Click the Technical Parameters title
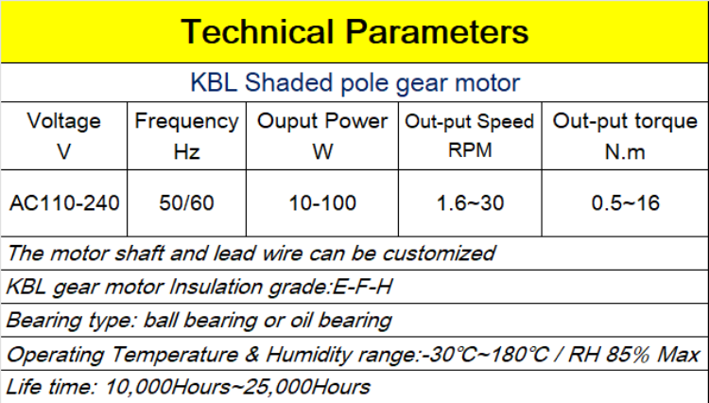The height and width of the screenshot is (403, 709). click(354, 31)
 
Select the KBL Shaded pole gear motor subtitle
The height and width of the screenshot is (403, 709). click(354, 82)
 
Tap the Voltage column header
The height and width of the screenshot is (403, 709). click(64, 121)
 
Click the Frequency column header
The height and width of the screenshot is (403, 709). click(186, 121)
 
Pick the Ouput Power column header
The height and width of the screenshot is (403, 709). click(323, 121)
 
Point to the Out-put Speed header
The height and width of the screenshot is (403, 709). click(470, 122)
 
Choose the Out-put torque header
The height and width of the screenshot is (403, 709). click(625, 121)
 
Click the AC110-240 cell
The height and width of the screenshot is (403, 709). click(64, 202)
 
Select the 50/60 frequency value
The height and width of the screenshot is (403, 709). click(186, 202)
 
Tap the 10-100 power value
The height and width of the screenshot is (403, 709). click(323, 202)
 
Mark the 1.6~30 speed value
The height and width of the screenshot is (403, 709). click(470, 202)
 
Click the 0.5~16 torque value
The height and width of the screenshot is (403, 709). click(625, 202)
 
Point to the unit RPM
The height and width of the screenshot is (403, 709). click(470, 149)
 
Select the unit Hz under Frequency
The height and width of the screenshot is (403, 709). click(186, 151)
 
